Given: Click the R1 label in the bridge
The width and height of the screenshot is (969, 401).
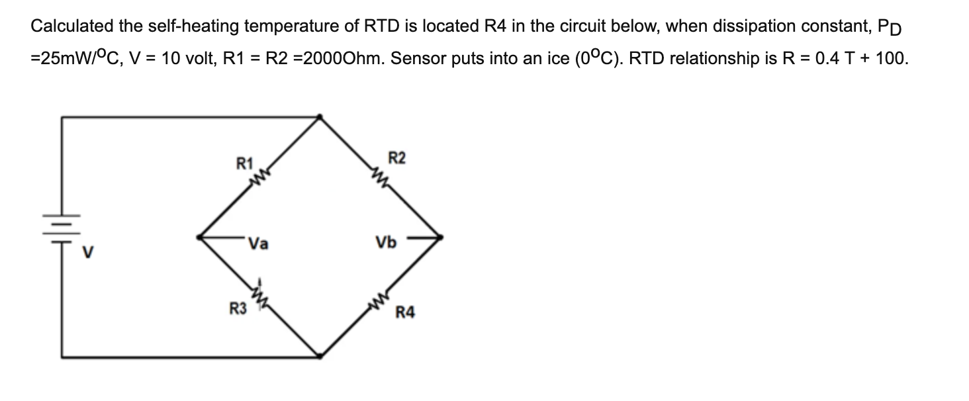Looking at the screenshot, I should tap(245, 162).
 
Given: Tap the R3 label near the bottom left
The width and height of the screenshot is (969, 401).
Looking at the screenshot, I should tap(238, 308).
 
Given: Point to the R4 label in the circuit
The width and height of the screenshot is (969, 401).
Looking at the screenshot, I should tap(406, 312).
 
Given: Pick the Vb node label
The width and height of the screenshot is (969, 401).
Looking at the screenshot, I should tap(386, 243).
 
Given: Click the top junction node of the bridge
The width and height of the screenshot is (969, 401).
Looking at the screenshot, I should tap(320, 117).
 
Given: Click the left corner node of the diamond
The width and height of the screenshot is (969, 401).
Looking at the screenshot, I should tap(201, 236).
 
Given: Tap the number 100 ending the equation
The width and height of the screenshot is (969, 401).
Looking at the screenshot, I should tap(890, 58).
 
